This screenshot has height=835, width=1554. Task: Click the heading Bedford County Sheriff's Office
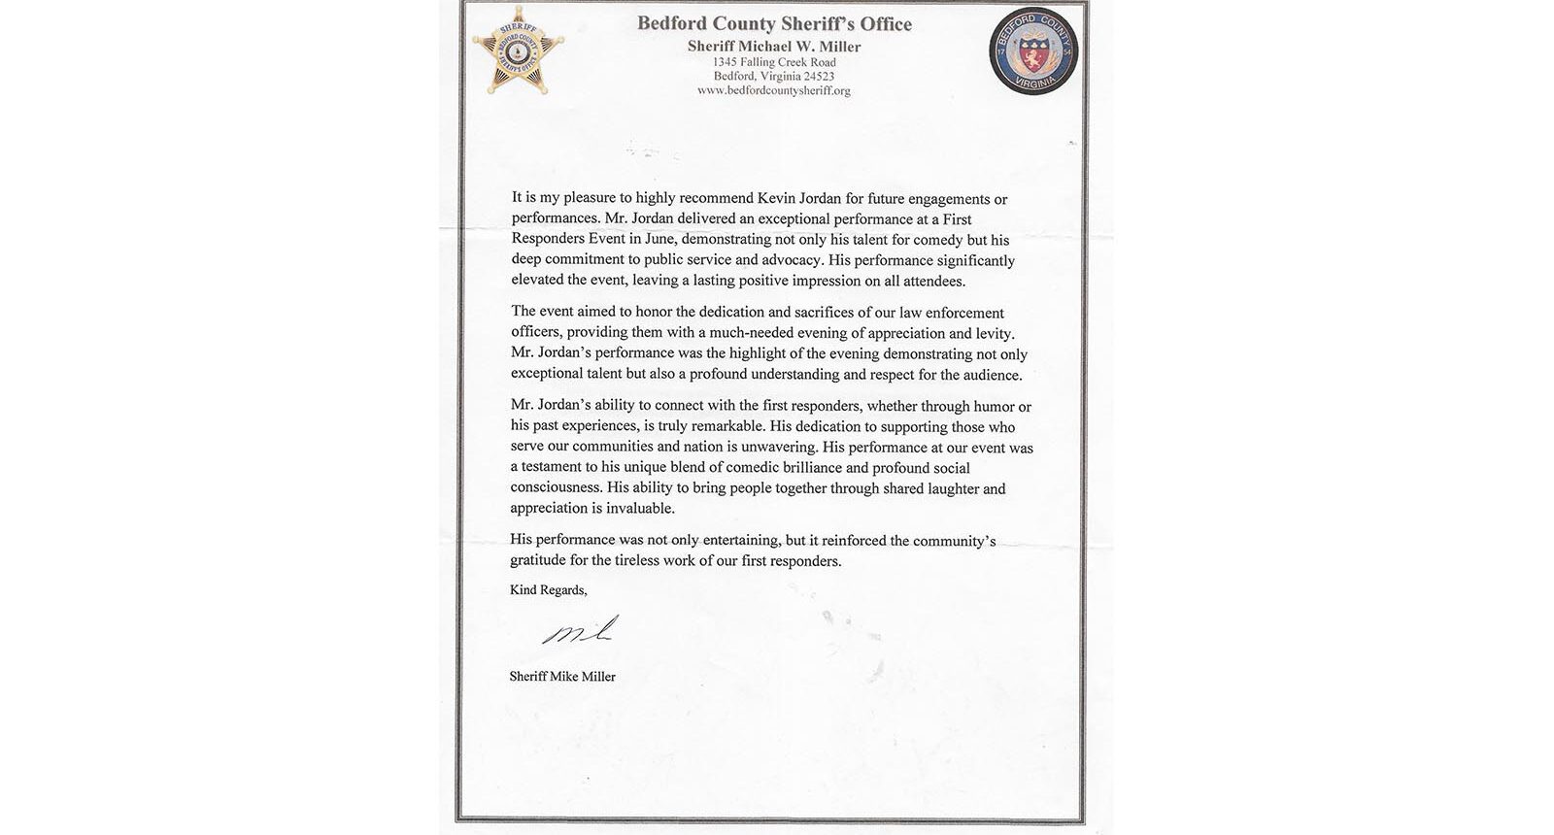coord(774,23)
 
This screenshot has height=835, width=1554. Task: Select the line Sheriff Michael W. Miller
coord(774,46)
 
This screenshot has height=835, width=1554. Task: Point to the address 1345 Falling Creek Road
coord(774,62)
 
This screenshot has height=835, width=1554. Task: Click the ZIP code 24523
coord(817,77)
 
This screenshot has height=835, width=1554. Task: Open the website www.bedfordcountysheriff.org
coord(774,90)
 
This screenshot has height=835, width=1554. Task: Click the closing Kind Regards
coord(549,589)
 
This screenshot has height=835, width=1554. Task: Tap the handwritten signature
coord(580,633)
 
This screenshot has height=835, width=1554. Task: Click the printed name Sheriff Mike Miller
coord(562,677)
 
